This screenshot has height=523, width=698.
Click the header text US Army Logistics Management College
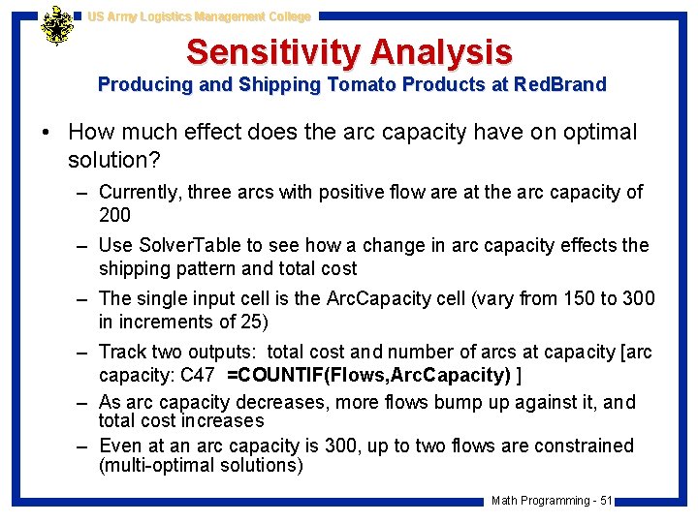(x=199, y=16)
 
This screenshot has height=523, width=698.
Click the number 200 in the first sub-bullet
(x=114, y=214)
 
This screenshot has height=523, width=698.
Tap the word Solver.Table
(x=192, y=245)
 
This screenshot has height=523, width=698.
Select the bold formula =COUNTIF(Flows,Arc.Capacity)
(x=367, y=375)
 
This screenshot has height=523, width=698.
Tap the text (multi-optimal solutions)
(x=201, y=465)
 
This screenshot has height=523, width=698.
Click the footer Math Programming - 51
(x=551, y=501)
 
